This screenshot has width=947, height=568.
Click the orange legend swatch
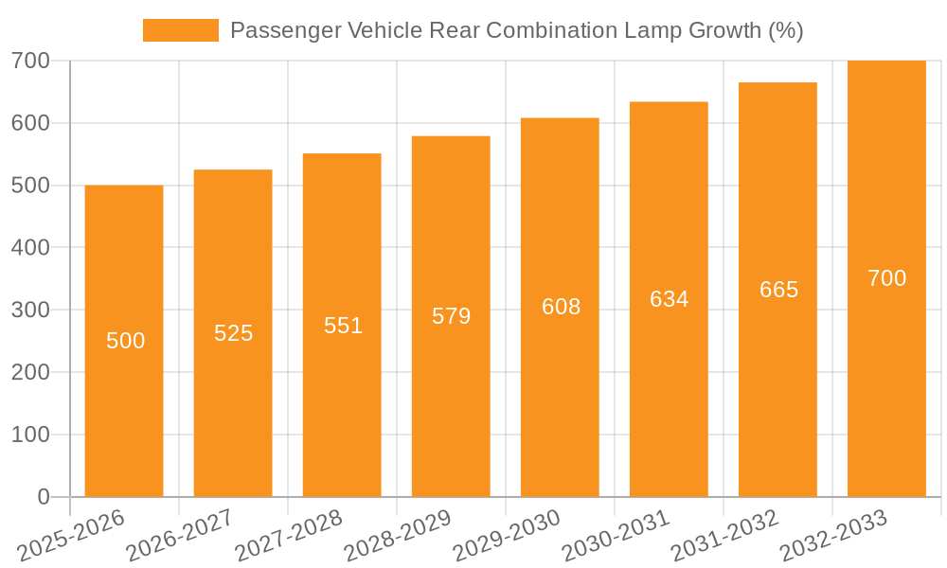coord(180,30)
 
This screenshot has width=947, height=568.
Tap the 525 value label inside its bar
coord(233,333)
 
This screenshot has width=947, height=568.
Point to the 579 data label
coord(451,316)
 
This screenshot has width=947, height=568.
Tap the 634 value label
coord(669,299)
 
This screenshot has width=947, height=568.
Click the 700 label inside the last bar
coord(886,278)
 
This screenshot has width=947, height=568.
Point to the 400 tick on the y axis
coord(30,248)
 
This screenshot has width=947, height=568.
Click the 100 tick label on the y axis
coord(30,435)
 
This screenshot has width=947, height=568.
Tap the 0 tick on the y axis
coord(44,497)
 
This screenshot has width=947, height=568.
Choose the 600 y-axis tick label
coord(30,123)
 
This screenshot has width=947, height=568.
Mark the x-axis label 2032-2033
coord(834,535)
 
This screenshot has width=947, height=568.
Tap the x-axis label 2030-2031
coord(616,535)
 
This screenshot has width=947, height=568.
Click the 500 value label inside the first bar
coord(125,341)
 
